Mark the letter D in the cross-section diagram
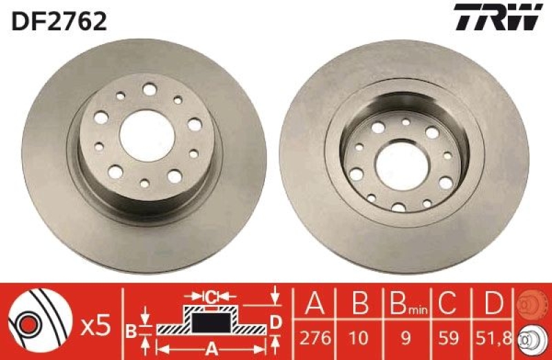(x=275, y=321)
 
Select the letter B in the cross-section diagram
(x=131, y=330)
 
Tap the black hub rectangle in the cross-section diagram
(x=210, y=321)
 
